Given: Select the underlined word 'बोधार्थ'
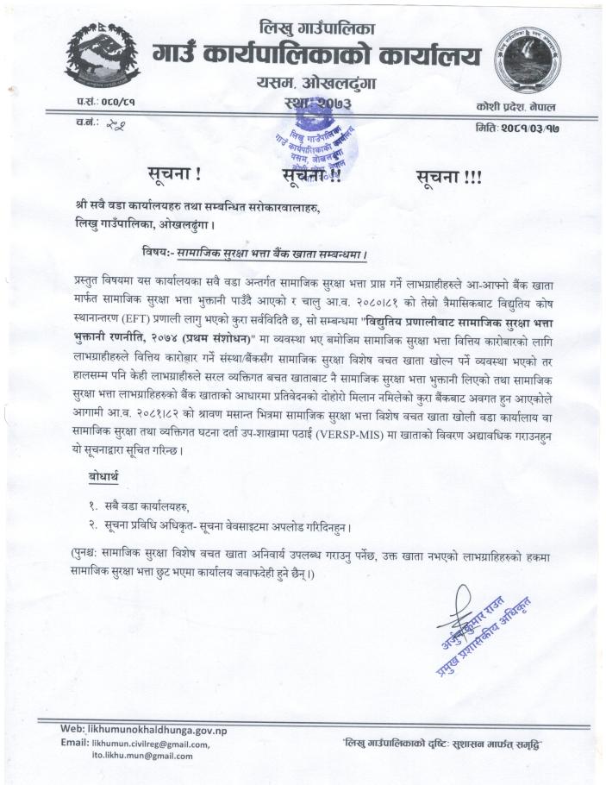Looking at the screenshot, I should click(x=108, y=477).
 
